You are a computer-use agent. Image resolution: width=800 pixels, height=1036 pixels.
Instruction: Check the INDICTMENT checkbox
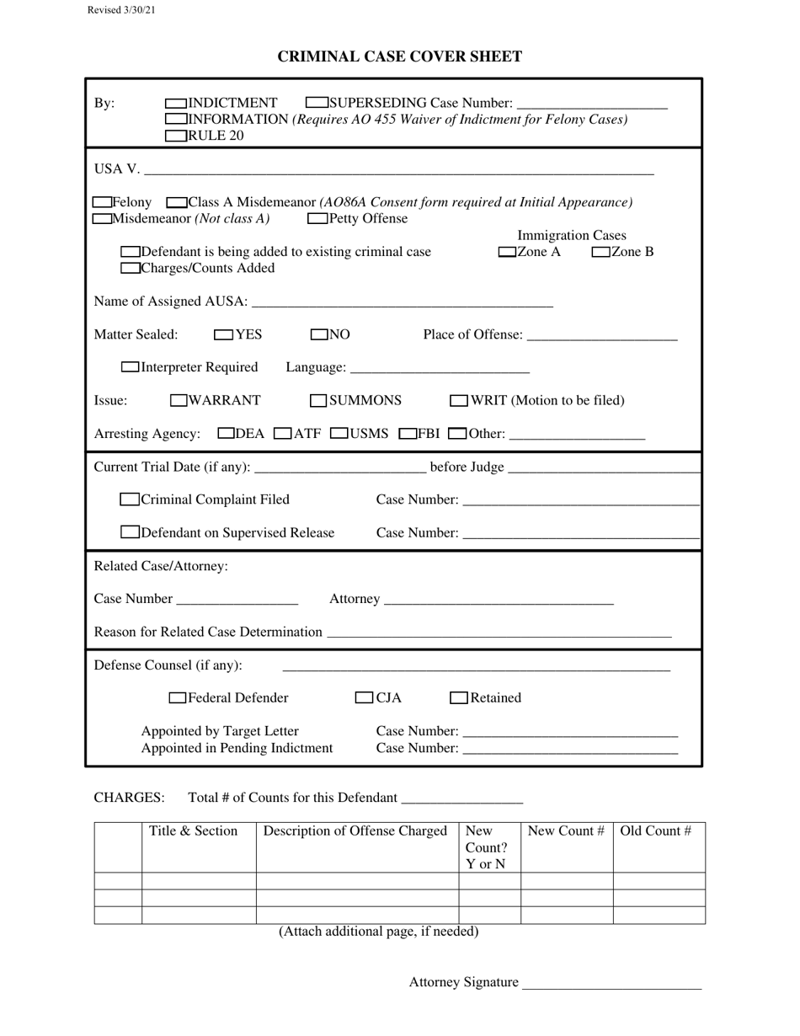tap(177, 103)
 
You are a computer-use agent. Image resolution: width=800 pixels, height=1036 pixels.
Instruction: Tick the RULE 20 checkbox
tap(177, 136)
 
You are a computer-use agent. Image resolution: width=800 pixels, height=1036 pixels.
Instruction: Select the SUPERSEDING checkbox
tap(317, 103)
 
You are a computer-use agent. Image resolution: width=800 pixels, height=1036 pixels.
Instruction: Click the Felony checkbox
tap(102, 202)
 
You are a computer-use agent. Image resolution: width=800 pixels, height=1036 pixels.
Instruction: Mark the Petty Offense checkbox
tap(318, 219)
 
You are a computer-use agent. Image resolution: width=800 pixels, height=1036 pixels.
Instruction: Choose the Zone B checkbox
tap(601, 252)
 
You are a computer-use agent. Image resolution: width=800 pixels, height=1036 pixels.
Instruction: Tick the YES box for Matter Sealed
tap(224, 334)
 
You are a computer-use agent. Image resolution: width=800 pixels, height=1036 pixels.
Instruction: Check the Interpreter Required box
tap(131, 367)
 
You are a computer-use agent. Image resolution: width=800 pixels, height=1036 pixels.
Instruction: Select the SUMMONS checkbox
tap(318, 400)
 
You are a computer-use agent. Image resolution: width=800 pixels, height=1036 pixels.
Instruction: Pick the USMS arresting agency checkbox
tap(339, 434)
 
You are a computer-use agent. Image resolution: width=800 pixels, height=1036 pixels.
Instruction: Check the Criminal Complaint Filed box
tap(130, 499)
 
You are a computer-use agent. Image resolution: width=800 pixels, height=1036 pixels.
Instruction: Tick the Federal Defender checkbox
tap(178, 697)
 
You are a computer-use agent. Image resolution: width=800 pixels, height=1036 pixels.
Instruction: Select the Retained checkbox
tap(459, 697)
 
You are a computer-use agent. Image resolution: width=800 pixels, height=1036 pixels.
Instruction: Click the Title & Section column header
tap(194, 831)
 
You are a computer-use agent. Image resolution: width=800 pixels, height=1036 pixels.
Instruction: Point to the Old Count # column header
tap(656, 831)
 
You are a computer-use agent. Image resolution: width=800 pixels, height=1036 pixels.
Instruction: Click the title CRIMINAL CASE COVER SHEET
tap(400, 56)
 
